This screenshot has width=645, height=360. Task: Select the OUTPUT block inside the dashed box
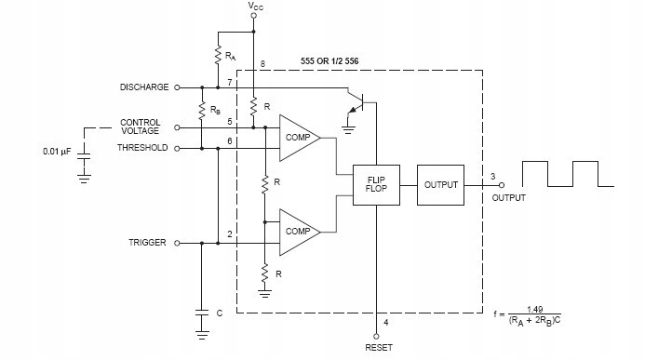point(441,185)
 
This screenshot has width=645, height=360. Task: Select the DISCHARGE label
point(144,87)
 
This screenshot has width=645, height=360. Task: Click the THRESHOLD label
point(143,148)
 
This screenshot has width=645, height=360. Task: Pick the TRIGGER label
point(147,243)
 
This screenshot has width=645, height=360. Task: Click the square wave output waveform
point(566,174)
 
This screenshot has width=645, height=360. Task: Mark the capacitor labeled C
point(201,314)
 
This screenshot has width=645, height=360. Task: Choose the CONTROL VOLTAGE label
point(141,127)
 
